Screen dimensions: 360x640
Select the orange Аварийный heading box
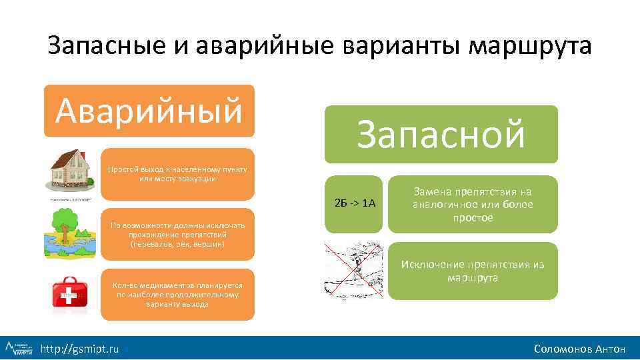(x=149, y=111)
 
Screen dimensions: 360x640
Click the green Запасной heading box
(x=441, y=134)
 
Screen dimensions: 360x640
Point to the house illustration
(x=70, y=172)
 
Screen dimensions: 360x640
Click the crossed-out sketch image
(x=353, y=270)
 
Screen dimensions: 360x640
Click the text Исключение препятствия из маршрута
(x=473, y=271)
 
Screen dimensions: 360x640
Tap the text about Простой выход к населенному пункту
(x=177, y=174)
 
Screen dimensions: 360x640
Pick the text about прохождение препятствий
(x=177, y=235)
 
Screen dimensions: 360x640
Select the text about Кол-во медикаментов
(x=177, y=294)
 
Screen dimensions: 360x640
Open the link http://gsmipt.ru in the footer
(x=80, y=349)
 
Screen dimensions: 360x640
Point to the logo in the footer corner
(x=19, y=348)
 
